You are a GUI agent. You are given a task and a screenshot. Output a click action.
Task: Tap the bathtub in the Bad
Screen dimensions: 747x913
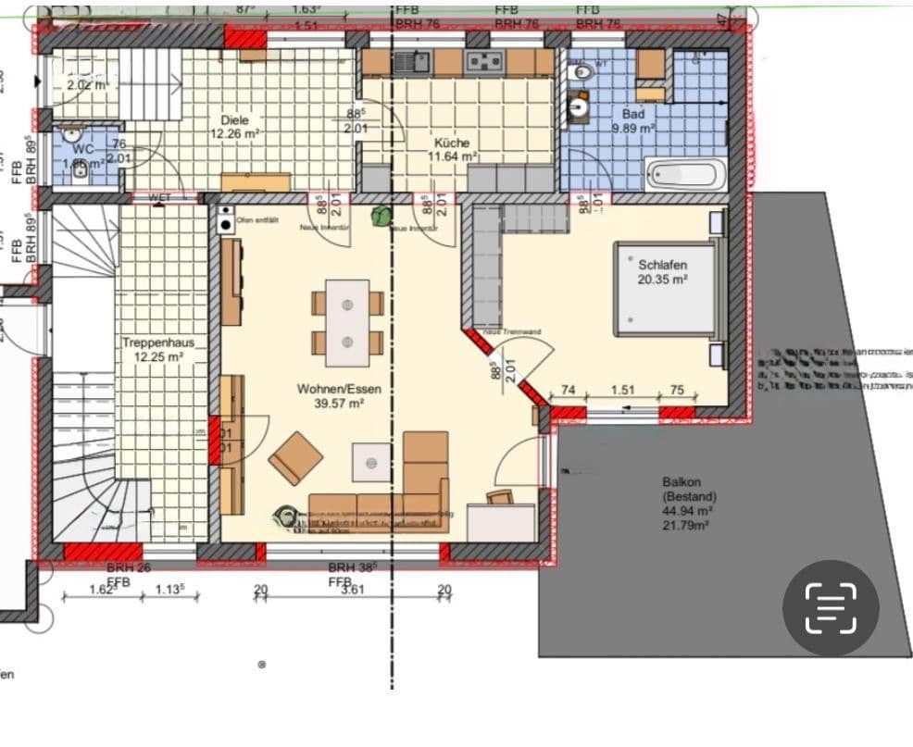[684, 174]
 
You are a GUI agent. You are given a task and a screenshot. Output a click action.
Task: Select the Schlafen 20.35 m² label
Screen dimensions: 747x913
[661, 271]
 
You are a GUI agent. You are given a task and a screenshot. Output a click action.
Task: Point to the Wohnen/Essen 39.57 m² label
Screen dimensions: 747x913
[338, 395]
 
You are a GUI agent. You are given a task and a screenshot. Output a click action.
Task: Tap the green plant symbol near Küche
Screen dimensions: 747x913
[380, 217]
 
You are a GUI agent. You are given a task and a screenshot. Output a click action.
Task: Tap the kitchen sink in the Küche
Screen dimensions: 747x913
[409, 62]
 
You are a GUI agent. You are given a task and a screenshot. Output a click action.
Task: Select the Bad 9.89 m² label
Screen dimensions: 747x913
[633, 121]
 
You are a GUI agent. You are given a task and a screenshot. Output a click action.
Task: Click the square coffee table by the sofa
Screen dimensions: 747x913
[371, 459]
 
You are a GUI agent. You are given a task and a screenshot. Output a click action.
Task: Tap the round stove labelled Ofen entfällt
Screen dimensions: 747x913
[226, 221]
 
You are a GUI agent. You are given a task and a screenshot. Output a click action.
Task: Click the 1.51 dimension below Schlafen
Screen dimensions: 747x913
[623, 390]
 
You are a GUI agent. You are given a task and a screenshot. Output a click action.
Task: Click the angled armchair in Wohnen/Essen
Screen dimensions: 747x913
[295, 457]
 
